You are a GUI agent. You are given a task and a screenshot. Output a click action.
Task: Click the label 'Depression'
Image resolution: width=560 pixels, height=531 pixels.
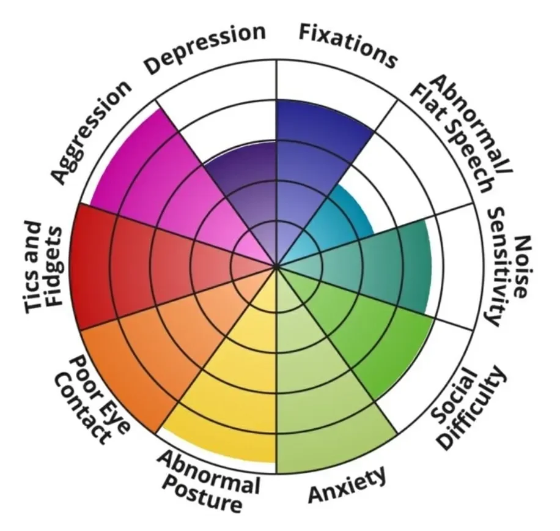[205, 49]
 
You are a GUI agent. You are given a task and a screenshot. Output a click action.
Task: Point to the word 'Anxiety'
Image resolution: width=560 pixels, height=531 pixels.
[347, 485]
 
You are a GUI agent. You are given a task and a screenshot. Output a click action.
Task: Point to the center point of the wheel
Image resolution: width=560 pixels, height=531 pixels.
[276, 267]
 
